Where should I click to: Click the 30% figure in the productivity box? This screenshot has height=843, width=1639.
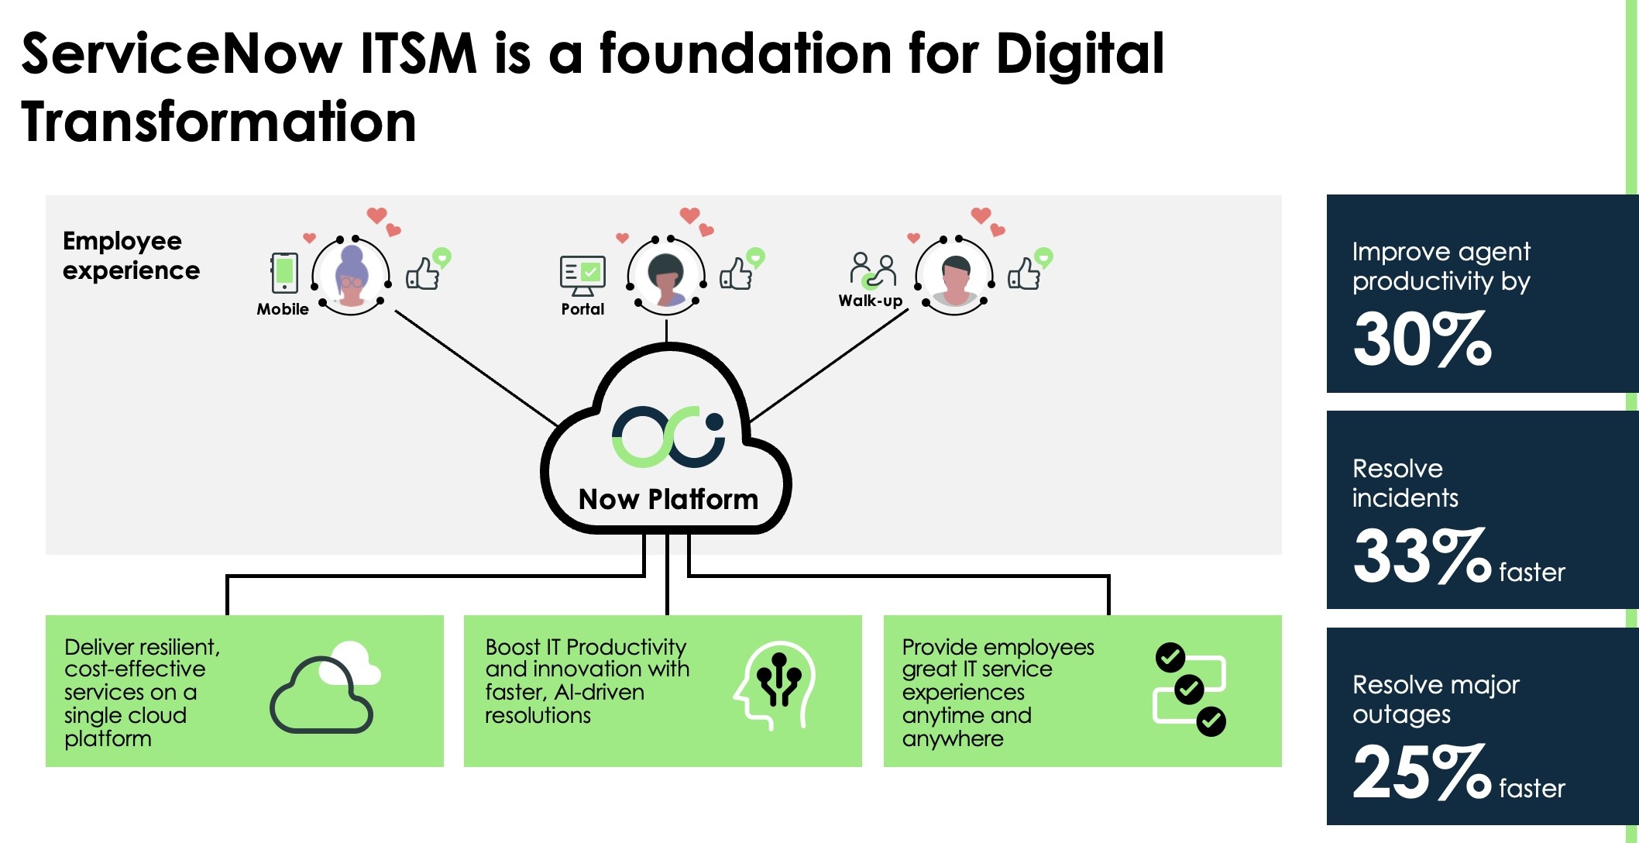1421,339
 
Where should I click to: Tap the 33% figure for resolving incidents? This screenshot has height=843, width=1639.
1421,556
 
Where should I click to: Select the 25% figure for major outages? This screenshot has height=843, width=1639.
1421,772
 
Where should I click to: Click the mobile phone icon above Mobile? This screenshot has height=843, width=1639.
284,273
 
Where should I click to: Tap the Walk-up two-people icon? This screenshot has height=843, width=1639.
873,270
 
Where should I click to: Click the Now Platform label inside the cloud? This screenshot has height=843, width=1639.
668,500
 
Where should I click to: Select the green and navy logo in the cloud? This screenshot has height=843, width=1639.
668,436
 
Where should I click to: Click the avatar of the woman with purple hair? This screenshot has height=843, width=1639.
351,276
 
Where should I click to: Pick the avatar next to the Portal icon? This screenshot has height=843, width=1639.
666,276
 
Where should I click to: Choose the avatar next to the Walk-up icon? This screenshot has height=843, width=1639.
954,276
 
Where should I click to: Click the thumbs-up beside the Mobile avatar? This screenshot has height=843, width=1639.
423,274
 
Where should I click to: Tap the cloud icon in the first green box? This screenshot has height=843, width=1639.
324,688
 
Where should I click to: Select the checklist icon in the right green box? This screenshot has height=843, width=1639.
1190,689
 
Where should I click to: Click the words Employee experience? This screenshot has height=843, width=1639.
130,256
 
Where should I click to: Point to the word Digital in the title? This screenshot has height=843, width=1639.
1080,54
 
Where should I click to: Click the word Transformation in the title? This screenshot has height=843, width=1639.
218,122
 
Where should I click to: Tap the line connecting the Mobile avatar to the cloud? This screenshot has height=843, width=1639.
476,368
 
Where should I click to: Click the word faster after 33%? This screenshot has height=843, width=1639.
1531,572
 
